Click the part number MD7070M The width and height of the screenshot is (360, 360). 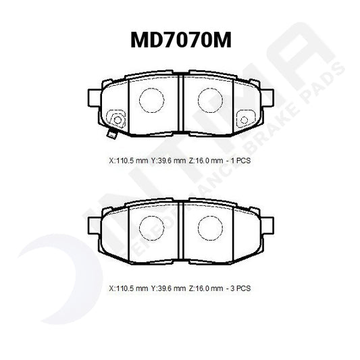click(180, 41)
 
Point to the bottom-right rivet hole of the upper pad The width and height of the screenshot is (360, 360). click(246, 120)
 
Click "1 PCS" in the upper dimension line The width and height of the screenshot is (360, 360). click(241, 162)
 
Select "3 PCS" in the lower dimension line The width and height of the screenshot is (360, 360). click(241, 288)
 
